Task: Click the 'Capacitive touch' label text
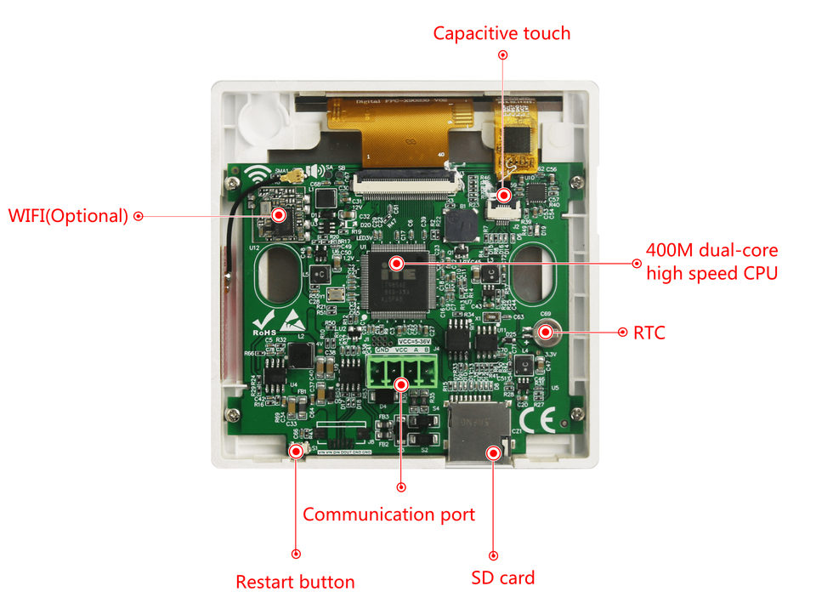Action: pos(501,33)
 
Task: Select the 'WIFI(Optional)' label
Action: pos(68,216)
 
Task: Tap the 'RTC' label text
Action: pos(649,333)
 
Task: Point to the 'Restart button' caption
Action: pos(295,582)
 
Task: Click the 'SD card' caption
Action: pos(503,578)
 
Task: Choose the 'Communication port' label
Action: pos(388,514)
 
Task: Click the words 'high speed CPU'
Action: pos(711,273)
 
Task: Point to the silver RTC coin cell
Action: pos(545,333)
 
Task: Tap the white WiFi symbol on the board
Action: pos(252,176)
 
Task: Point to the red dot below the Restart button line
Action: pos(296,554)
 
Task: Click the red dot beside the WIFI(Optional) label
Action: pos(139,216)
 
